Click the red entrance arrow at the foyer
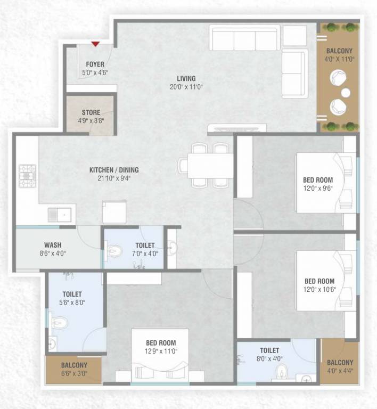[95, 44]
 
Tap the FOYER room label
[95, 64]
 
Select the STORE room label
[91, 112]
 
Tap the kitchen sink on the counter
[59, 215]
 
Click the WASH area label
[52, 246]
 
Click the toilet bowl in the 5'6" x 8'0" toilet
[60, 322]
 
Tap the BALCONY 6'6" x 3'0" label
[73, 365]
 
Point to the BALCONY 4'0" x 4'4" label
[340, 362]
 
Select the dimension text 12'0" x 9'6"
[318, 189]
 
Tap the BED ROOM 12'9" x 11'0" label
[161, 343]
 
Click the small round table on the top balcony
[346, 93]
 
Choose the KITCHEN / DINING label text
[113, 170]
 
